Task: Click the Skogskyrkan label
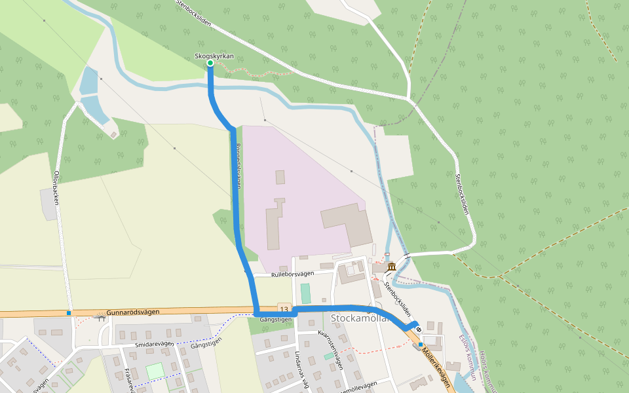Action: tap(214, 56)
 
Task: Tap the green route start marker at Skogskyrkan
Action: tap(210, 64)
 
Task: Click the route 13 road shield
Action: tap(284, 308)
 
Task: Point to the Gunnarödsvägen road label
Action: tap(133, 312)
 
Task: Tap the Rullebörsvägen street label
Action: tap(293, 274)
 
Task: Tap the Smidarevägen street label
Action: tap(155, 343)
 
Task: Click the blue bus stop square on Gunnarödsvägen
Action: tap(69, 313)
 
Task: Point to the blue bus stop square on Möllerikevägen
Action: tap(421, 344)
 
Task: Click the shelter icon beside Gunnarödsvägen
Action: tap(99, 318)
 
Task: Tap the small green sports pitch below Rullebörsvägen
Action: tap(306, 293)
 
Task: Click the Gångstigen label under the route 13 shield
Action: tap(275, 319)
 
